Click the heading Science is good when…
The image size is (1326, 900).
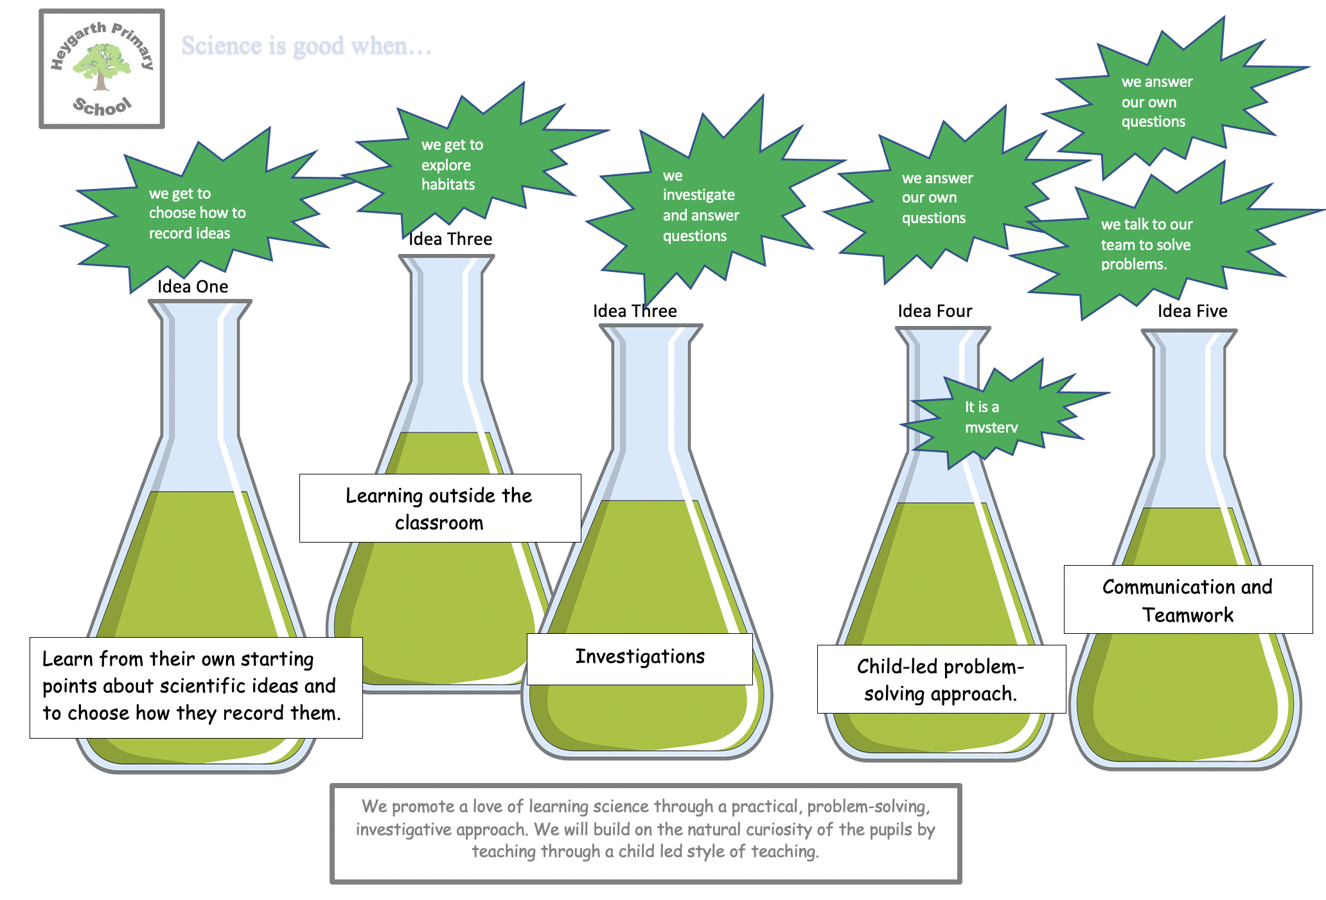click(x=306, y=46)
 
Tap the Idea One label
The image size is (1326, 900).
click(x=193, y=287)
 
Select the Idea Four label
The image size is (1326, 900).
click(x=935, y=311)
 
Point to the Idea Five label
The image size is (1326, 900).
click(x=1192, y=311)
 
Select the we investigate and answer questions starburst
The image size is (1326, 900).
click(x=703, y=206)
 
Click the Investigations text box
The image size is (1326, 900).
click(x=640, y=657)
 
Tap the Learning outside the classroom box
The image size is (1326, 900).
click(x=439, y=509)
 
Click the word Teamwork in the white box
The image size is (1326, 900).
click(x=1188, y=615)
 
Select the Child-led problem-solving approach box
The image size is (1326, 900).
click(x=941, y=679)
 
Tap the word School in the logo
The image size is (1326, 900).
click(x=102, y=106)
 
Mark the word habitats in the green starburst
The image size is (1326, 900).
click(x=448, y=184)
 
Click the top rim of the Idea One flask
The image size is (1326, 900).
click(x=200, y=302)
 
